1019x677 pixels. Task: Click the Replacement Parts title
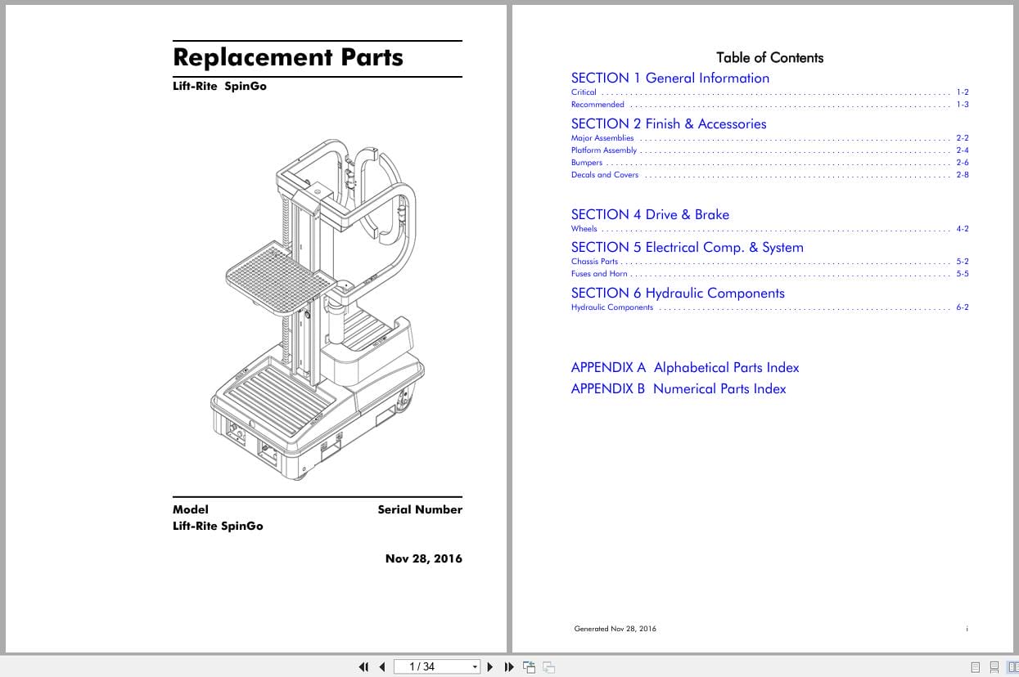288,58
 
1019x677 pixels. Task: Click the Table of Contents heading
769,57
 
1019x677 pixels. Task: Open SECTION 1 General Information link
670,78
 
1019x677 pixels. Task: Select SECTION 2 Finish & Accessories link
668,124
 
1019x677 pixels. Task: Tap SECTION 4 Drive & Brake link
649,215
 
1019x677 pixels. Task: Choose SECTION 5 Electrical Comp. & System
687,248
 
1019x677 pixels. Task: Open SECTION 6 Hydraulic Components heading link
677,294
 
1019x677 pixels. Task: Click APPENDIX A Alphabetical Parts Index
684,368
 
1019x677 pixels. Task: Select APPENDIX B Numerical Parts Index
678,389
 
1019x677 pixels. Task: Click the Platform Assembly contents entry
603,150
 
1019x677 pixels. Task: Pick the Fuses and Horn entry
599,274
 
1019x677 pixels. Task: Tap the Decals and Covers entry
604,175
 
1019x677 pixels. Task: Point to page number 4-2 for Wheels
962,229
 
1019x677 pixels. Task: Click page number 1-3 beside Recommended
962,105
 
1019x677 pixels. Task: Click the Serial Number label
419,509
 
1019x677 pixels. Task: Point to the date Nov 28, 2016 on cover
423,559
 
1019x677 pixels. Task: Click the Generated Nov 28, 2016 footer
615,629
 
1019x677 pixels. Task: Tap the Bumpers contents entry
586,163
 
